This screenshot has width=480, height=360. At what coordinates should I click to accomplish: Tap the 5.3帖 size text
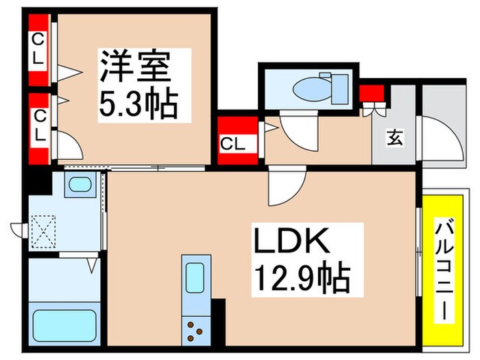(x=139, y=105)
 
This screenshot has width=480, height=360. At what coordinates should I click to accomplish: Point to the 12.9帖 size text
(x=302, y=278)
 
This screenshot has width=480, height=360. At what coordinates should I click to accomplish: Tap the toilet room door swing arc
(x=298, y=134)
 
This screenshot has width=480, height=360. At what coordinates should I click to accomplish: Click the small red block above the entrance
(x=372, y=92)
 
